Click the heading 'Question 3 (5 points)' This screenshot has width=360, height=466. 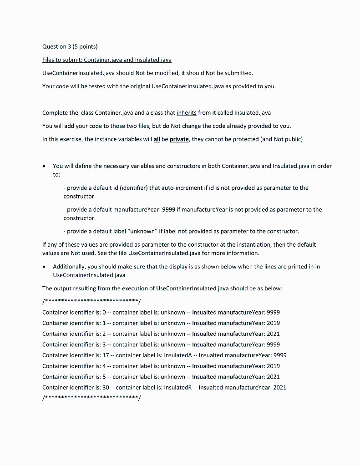point(70,46)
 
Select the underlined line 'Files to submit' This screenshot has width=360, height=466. point(106,60)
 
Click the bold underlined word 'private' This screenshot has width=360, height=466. point(180,139)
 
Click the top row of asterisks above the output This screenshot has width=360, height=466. point(91,302)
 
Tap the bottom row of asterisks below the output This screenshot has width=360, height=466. point(91,398)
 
